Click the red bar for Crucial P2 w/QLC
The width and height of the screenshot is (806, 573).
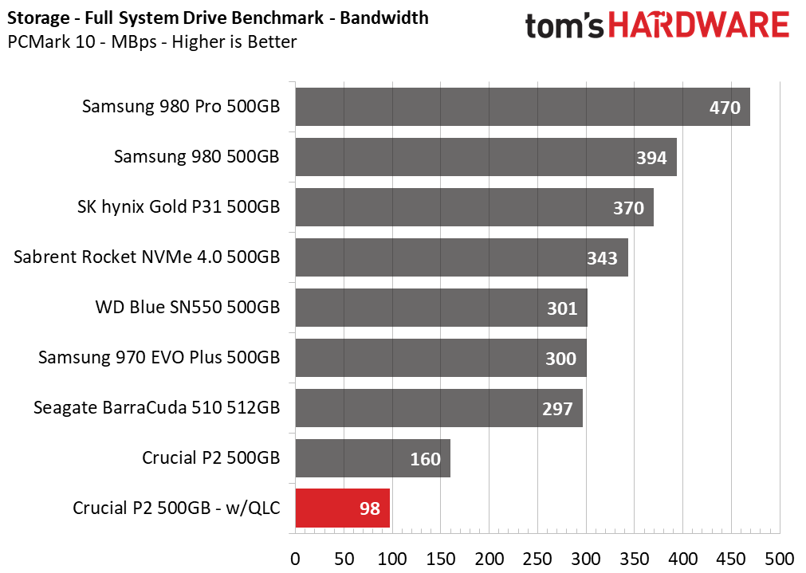tap(342, 508)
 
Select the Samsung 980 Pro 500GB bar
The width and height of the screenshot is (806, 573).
tap(523, 107)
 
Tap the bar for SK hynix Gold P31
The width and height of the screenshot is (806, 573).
tap(474, 207)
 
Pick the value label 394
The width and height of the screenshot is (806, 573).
tap(651, 158)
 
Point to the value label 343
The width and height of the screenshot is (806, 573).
tap(602, 258)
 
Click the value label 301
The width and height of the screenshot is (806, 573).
tap(562, 308)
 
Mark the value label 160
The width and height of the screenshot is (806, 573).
tap(425, 459)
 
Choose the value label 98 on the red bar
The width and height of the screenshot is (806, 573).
tap(370, 508)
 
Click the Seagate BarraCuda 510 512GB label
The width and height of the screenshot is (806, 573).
tap(157, 407)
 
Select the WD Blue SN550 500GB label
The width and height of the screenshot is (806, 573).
tap(187, 308)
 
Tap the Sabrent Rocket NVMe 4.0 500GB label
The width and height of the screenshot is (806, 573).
tap(147, 257)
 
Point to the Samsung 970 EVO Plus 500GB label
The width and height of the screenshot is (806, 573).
tap(159, 357)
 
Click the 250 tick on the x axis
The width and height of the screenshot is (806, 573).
tap(537, 559)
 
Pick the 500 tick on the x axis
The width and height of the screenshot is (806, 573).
tap(779, 559)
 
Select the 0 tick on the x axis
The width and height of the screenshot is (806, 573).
tap(296, 559)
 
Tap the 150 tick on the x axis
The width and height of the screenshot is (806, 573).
tap(441, 559)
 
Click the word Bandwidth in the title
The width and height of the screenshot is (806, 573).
tap(384, 18)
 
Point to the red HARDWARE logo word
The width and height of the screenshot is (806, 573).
tap(698, 26)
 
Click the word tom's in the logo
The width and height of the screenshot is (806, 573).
tap(564, 26)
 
